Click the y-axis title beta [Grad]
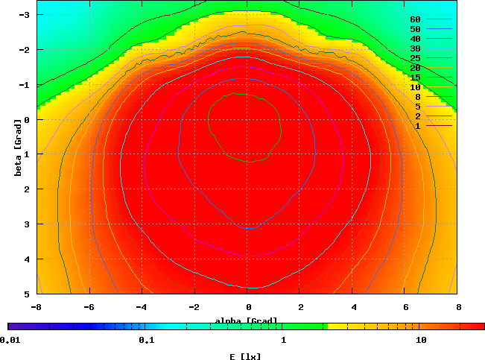[x=16, y=154]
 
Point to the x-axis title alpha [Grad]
[x=246, y=321]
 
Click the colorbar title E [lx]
[x=246, y=356]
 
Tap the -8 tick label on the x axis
[x=34, y=306]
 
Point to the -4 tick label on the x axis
[x=141, y=306]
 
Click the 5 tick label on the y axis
[x=27, y=294]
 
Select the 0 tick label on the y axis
[x=27, y=119]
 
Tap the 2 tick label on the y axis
[x=27, y=189]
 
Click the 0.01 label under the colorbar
[x=10, y=341]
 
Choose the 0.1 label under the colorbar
[x=146, y=341]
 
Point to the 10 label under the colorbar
[x=421, y=341]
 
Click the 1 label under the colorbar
[x=284, y=341]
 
